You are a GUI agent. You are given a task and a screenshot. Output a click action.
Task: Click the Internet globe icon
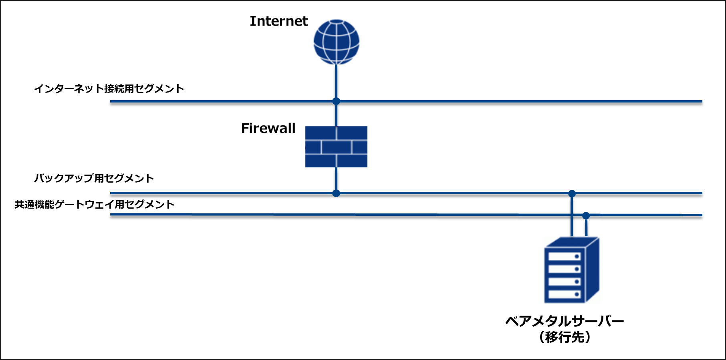[336, 42]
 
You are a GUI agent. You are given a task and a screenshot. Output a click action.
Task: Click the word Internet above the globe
[278, 21]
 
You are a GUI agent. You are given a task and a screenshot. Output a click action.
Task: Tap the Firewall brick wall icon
[336, 147]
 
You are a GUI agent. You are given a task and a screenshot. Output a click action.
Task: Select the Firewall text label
[268, 128]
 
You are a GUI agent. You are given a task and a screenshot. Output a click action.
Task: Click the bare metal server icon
[571, 270]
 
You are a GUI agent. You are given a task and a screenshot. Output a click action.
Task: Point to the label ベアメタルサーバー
[564, 321]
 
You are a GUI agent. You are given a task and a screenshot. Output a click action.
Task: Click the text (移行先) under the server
[564, 337]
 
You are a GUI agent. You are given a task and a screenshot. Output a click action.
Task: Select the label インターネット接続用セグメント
[109, 88]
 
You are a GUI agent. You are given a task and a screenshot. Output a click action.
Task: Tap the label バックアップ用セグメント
[94, 178]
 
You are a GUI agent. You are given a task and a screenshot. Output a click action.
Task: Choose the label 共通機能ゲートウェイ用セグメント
[95, 204]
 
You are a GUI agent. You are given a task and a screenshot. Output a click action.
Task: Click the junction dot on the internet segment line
[336, 101]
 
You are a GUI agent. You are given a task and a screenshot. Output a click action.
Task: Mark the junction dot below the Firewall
[336, 193]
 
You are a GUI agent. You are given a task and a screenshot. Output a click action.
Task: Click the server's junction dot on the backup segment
[572, 194]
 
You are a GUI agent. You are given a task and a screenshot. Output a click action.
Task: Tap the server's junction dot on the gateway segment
[586, 216]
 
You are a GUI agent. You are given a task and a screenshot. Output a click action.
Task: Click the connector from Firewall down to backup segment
[336, 180]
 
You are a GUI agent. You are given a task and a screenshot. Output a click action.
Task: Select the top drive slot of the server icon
[564, 256]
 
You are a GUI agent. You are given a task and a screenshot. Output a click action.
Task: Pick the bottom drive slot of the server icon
[564, 294]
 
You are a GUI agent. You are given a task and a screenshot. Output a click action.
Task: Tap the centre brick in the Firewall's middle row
[336, 147]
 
